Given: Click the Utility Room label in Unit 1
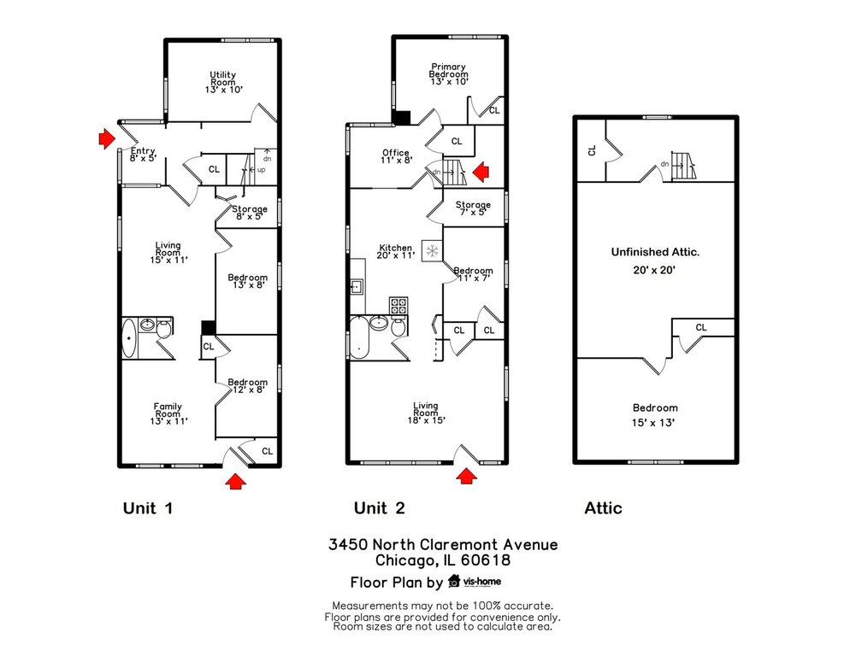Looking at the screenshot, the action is (x=223, y=82).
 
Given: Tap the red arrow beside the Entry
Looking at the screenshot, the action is (x=106, y=139).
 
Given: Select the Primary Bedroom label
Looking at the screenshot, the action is (x=449, y=74).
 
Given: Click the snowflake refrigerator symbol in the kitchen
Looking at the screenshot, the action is (x=433, y=251).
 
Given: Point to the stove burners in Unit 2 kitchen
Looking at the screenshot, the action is (x=398, y=306).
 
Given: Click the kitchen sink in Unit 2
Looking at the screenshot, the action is (x=357, y=286).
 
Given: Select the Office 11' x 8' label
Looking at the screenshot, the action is (x=396, y=156).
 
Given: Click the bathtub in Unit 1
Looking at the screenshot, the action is (x=129, y=338).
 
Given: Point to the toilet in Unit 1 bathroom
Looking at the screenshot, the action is (x=164, y=329).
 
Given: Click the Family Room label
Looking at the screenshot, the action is (x=168, y=414).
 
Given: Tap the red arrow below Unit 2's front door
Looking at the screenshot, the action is (x=466, y=476).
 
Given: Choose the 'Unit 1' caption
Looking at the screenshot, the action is (x=148, y=508).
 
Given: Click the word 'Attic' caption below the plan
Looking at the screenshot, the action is (x=603, y=508).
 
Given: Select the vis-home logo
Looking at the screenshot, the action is (x=475, y=582).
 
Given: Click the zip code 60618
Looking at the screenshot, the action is (x=486, y=560).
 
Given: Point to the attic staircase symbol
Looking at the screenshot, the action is (x=683, y=166).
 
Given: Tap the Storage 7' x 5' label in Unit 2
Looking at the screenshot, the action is (x=473, y=208).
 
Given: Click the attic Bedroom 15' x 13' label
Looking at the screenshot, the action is (x=654, y=415).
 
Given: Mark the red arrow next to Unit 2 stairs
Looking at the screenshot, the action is (x=481, y=173).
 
